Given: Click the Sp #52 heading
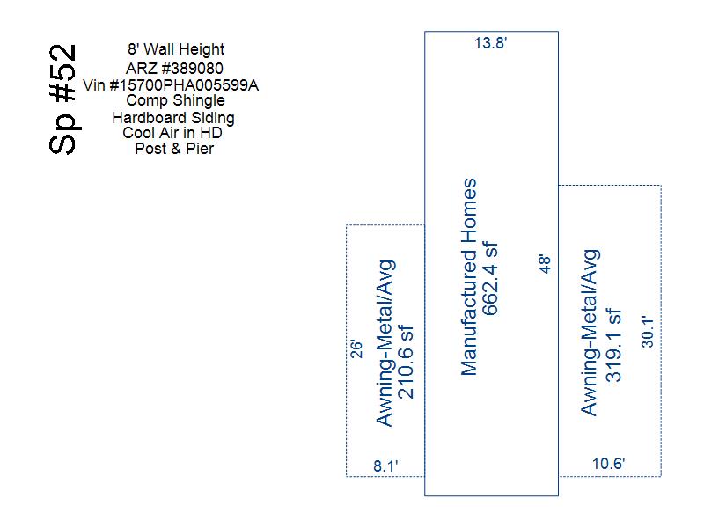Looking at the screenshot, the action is [x=62, y=99].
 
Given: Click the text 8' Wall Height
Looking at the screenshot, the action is [x=175, y=49].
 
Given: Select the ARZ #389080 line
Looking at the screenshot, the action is [x=174, y=69].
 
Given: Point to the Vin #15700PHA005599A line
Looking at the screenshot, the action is [x=171, y=84].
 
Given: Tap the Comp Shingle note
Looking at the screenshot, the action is [x=175, y=100].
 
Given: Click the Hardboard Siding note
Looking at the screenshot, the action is [x=173, y=118].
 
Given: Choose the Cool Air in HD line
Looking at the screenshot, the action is [x=172, y=133].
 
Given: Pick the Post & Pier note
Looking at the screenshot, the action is [x=174, y=148].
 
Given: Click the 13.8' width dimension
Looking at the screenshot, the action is [x=491, y=43].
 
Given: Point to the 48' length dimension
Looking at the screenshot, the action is [x=544, y=263].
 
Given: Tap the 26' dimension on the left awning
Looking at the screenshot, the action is [x=356, y=348].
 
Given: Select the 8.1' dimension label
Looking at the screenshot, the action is [x=385, y=466].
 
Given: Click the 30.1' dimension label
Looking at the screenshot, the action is [x=647, y=332].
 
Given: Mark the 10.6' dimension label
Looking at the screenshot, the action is [x=608, y=464].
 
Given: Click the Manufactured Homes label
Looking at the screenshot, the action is [x=469, y=277].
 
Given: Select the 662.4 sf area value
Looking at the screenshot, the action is [x=490, y=279].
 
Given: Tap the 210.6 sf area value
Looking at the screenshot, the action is [x=406, y=363].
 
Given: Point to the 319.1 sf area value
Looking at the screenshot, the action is [x=613, y=345].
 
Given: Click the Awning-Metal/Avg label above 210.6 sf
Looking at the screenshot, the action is [x=385, y=343].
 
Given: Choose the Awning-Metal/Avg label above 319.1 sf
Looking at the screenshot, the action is [x=590, y=333].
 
